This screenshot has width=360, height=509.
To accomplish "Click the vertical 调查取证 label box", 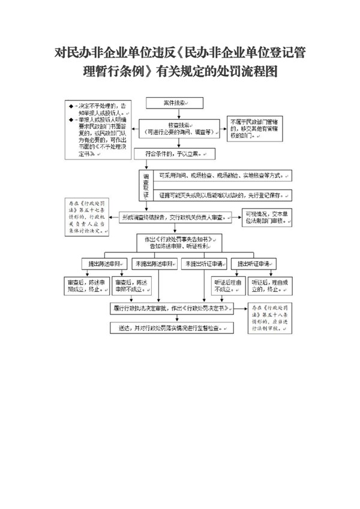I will (x=145, y=185).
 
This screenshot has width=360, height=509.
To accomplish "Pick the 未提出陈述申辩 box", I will (x=155, y=263).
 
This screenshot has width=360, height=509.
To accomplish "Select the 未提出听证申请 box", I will (x=204, y=263).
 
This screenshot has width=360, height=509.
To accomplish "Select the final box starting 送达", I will (x=171, y=328).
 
